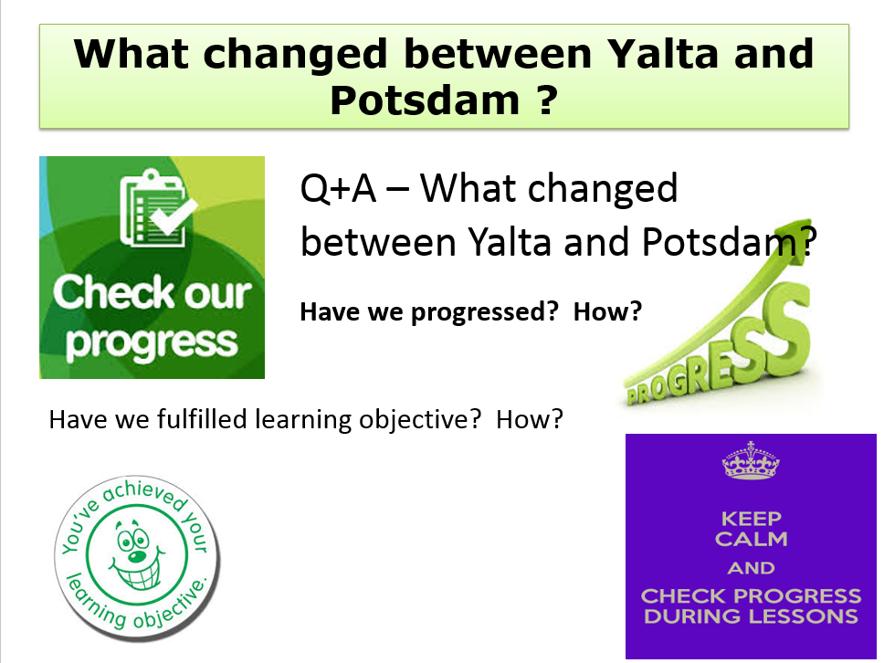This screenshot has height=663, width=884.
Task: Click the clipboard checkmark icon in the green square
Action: [x=153, y=207]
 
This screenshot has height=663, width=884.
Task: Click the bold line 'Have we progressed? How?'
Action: [x=470, y=312]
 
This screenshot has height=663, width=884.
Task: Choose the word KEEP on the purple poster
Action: [x=751, y=518]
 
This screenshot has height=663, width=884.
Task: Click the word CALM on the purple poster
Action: [x=751, y=538]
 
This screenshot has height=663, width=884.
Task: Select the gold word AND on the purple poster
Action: [x=751, y=568]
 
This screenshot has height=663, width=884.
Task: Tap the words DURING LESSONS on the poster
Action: [x=751, y=616]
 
